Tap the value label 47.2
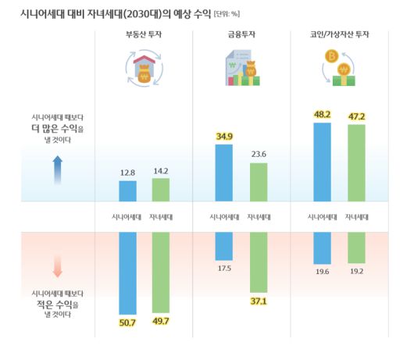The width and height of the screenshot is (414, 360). [356, 116]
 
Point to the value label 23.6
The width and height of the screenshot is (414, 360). [259, 155]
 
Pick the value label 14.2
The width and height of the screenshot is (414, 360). [160, 170]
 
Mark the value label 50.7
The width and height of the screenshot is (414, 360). [127, 322]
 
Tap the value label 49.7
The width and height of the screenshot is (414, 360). [160, 320]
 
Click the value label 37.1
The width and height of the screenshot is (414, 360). [259, 301]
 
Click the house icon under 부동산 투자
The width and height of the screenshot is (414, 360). [144, 68]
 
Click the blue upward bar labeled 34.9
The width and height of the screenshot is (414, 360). [223, 173]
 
